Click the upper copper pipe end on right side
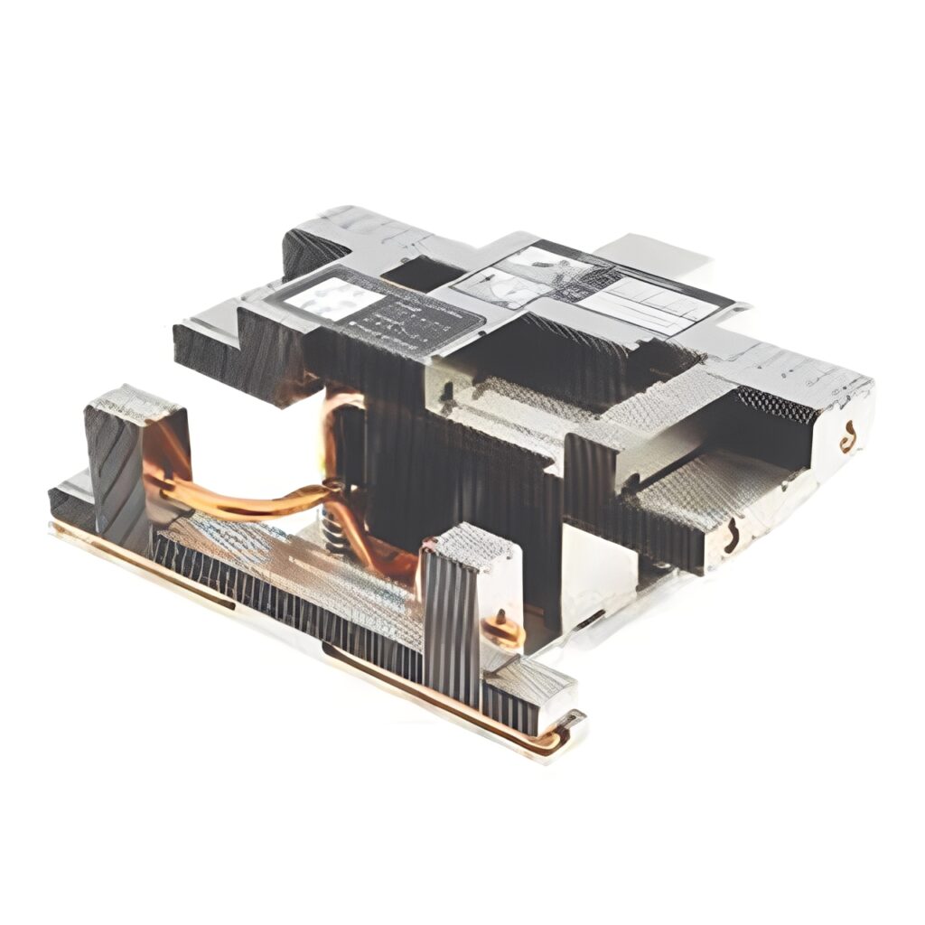point(848,439)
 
